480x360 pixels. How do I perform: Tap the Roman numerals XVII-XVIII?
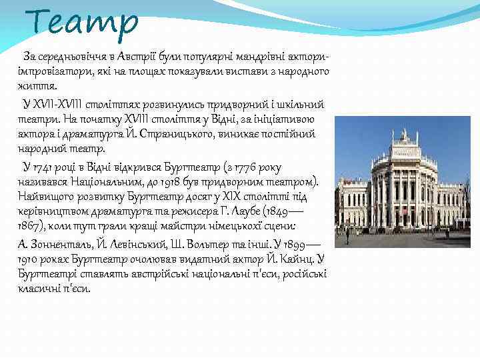(61, 105)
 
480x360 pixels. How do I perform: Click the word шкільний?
(299, 105)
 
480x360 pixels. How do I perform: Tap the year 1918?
(153, 181)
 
